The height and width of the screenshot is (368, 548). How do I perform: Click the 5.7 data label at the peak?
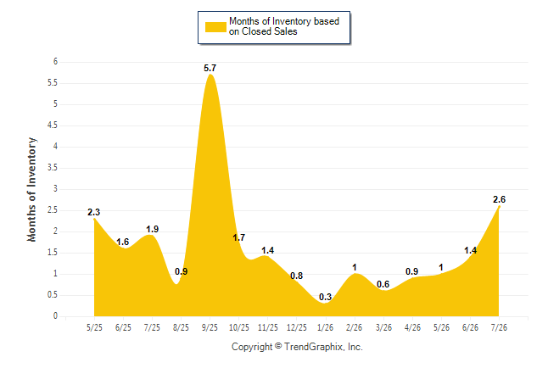tap(210, 68)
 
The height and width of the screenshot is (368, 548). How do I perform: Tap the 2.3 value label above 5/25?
tap(93, 212)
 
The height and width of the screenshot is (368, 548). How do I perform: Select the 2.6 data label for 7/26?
tap(499, 199)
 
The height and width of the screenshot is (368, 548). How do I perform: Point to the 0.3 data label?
tap(325, 297)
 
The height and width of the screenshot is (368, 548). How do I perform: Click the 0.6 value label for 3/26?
tap(383, 284)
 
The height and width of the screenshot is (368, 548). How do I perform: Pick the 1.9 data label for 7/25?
tap(152, 229)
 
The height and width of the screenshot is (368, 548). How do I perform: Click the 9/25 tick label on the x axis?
tap(210, 327)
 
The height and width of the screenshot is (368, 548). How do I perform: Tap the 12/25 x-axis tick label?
tap(296, 327)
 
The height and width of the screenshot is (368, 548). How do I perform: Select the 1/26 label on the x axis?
tap(325, 327)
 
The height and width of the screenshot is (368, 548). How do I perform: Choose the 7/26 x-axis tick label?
tap(499, 327)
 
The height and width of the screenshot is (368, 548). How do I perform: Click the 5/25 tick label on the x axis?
tap(94, 327)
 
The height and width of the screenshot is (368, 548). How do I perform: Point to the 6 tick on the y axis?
tap(55, 62)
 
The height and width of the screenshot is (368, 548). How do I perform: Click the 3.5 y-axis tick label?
tap(53, 168)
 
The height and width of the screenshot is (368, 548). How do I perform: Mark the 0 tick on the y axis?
tap(55, 316)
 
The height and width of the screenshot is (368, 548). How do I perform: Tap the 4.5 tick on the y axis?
tap(53, 125)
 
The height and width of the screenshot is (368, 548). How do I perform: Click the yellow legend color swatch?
tap(215, 27)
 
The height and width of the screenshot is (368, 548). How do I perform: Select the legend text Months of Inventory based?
tap(284, 21)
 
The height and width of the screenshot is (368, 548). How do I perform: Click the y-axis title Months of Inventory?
tap(31, 189)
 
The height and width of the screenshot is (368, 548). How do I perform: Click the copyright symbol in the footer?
tap(278, 346)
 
